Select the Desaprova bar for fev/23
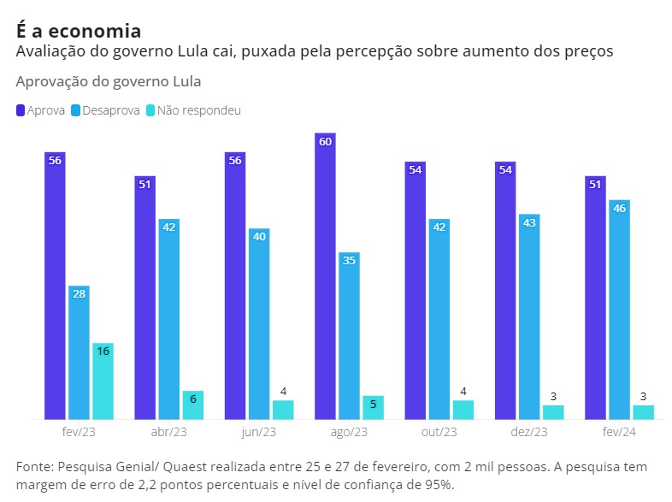[x=79, y=352]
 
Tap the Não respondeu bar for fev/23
[x=103, y=381]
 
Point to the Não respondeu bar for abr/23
[x=192, y=405]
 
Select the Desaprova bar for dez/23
[x=529, y=316]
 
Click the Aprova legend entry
[x=40, y=110]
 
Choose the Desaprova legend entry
[x=105, y=110]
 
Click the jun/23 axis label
[x=259, y=433]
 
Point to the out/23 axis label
[x=439, y=433]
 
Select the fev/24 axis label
[x=619, y=433]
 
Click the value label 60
[x=325, y=142]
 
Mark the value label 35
[x=349, y=261]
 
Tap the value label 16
[x=103, y=351]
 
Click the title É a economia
[x=79, y=31]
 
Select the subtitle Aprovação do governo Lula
[x=109, y=81]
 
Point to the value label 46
[x=619, y=209]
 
